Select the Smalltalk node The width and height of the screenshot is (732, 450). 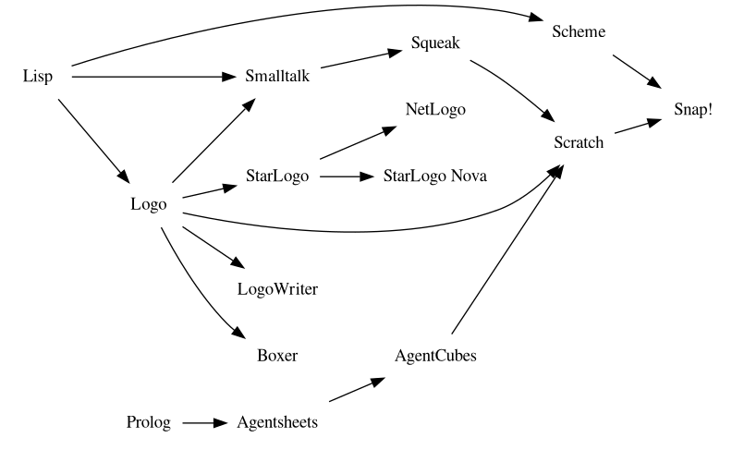click(x=277, y=76)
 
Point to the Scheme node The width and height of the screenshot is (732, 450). click(x=578, y=31)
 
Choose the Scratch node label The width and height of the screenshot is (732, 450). click(x=579, y=142)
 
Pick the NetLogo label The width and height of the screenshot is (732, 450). click(x=435, y=109)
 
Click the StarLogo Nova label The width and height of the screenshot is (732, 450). click(x=434, y=176)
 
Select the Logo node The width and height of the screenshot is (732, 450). click(x=149, y=204)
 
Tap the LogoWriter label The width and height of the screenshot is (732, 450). click(x=277, y=289)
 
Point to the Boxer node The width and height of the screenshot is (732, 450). click(x=277, y=356)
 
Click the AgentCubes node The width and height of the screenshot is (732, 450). click(x=435, y=356)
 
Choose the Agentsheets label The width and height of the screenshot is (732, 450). click(x=277, y=422)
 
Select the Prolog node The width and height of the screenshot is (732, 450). click(x=149, y=422)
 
